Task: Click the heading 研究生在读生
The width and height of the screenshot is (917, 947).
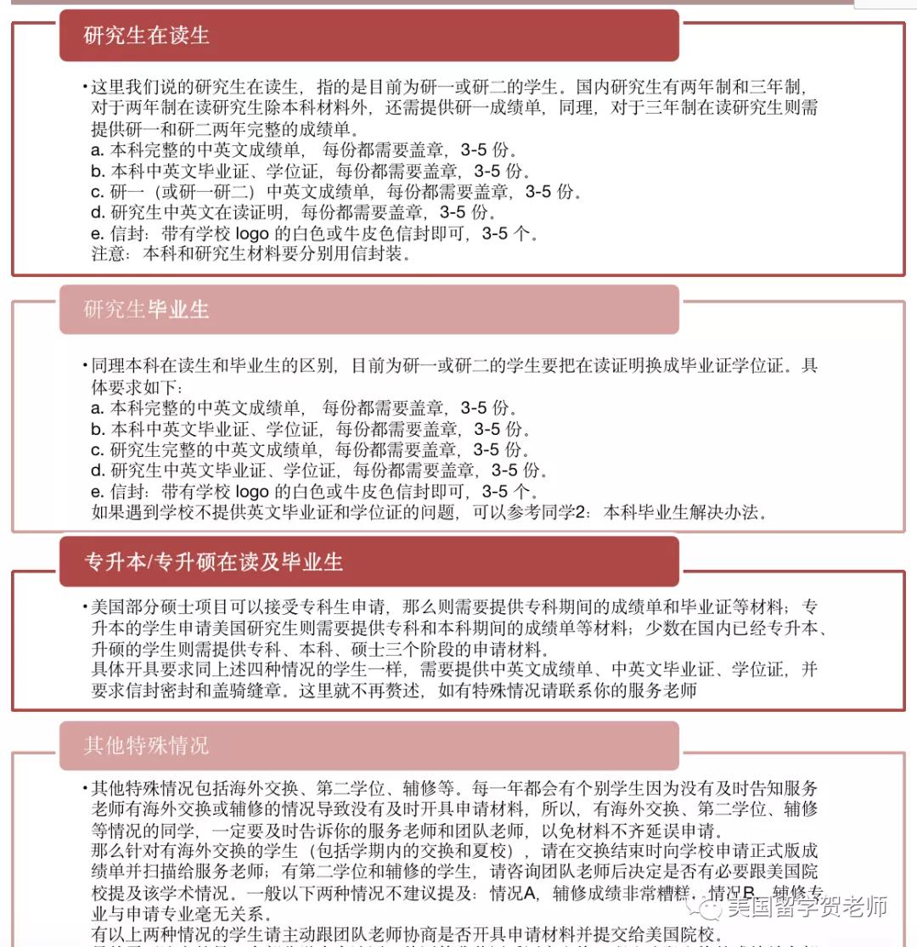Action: coord(146,36)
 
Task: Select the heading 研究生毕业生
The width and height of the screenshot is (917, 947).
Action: coord(146,309)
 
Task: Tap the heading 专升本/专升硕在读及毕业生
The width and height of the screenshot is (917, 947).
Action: coord(213,562)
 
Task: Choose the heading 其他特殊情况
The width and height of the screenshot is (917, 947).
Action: coord(146,747)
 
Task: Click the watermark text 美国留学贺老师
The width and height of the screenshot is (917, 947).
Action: coord(807,907)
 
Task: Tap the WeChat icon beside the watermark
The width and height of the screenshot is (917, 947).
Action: coord(710,908)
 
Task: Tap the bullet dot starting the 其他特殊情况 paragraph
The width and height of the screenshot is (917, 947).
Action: coord(85,788)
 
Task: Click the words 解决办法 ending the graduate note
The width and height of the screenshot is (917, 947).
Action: coord(732,512)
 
